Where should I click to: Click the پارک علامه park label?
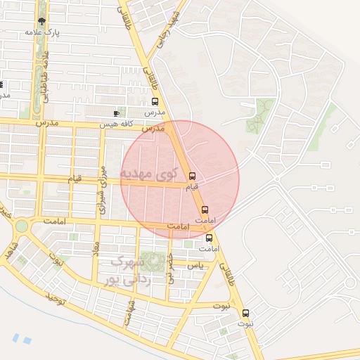(41, 32)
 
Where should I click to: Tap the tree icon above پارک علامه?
(41, 21)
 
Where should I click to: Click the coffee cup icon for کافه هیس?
(116, 113)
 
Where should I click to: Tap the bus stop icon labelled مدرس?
(155, 101)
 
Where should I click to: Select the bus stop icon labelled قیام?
(192, 176)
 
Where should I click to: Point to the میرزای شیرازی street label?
(102, 190)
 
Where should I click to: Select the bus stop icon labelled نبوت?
(245, 313)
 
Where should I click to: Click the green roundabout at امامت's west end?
(22, 226)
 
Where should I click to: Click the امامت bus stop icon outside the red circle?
(209, 237)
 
